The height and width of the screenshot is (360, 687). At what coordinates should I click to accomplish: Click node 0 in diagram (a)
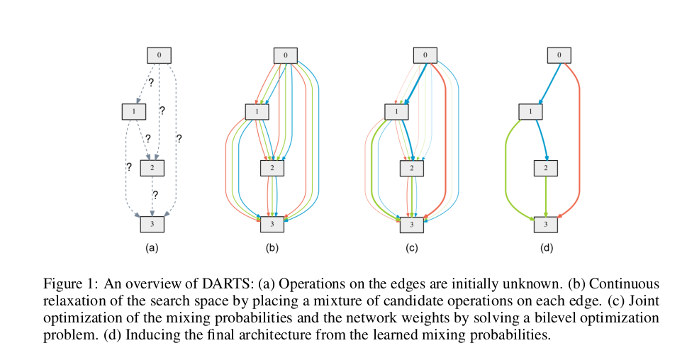[x=159, y=55]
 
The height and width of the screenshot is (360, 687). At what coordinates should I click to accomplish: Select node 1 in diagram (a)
[x=134, y=111]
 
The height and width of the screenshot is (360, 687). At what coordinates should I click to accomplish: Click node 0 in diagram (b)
[x=285, y=55]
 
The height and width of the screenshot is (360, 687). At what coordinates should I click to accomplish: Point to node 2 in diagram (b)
[x=272, y=168]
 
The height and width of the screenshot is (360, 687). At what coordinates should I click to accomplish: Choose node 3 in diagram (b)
[x=272, y=224]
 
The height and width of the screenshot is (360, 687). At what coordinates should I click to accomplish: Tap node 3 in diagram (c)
[x=411, y=224]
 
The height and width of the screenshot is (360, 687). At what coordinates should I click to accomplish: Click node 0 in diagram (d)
[x=560, y=55]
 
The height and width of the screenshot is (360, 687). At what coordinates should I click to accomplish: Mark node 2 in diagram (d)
[x=545, y=168]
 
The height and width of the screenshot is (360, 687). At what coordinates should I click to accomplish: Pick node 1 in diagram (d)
[x=530, y=111]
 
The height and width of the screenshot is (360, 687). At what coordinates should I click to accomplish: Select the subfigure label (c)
[x=411, y=249]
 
